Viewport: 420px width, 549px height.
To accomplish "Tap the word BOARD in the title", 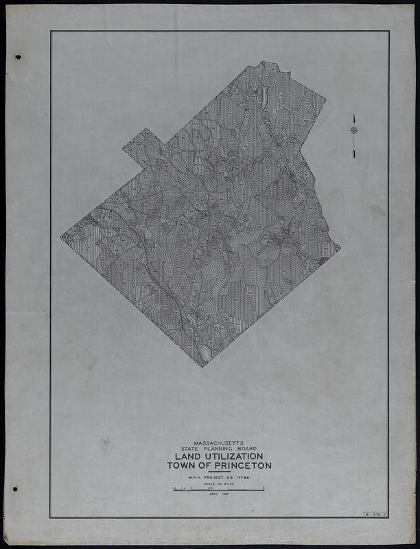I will [246, 450].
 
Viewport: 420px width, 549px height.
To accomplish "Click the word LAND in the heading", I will [188, 456].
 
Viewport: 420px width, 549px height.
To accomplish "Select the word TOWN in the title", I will [180, 465].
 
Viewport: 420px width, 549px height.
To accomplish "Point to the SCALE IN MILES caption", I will [219, 484].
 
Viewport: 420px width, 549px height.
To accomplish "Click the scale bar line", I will [219, 490].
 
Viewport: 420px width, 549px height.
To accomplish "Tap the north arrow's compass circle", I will [353, 130].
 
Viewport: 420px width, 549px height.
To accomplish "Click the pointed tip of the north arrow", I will [353, 115].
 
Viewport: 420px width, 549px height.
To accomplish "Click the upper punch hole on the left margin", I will [18, 57].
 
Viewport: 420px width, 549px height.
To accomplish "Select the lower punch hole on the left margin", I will [15, 489].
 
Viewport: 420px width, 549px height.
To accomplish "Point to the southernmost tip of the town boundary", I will [202, 366].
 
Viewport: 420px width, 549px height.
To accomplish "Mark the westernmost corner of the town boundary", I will [61, 237].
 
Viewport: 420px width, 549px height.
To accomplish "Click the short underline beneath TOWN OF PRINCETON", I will [219, 471].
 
